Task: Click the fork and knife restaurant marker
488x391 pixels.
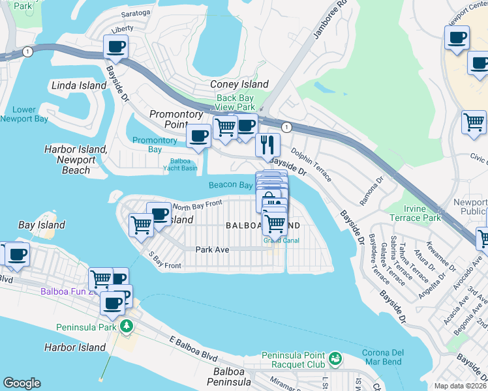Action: pos(267,145)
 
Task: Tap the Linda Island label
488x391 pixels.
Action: pos(79,85)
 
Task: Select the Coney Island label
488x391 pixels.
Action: pos(239,84)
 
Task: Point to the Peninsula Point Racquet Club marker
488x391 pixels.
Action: pos(335,358)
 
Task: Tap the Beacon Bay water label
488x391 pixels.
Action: pos(230,185)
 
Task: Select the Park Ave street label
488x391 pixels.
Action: pos(212,249)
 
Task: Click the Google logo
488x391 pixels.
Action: pos(22,383)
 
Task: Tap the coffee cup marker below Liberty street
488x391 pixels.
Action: pos(115,46)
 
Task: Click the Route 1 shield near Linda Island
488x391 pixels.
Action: pos(27,51)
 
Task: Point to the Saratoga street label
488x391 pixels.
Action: pos(136,12)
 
